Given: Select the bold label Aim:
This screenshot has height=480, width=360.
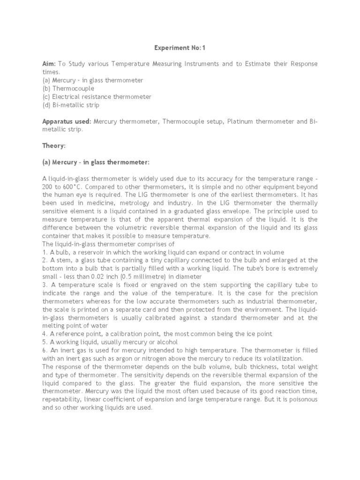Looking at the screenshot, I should [50, 64].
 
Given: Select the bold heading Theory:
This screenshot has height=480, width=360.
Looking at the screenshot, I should [54, 146].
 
